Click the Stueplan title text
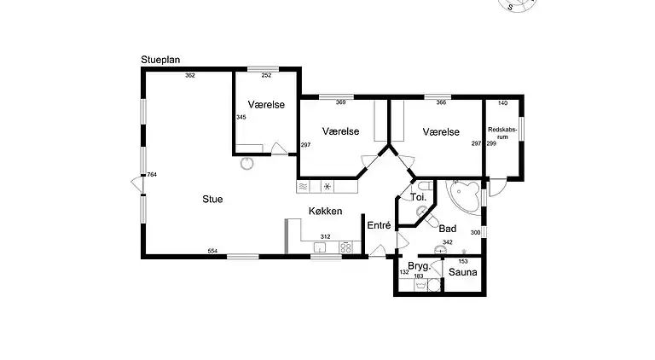pyautogui.click(x=160, y=61)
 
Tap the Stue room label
pyautogui.click(x=212, y=200)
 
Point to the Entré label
pyautogui.click(x=378, y=225)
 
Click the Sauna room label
pyautogui.click(x=463, y=274)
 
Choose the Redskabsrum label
pyautogui.click(x=501, y=133)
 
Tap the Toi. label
pyautogui.click(x=419, y=197)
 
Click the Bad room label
pyautogui.click(x=448, y=229)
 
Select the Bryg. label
pyautogui.click(x=418, y=266)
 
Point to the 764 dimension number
pyautogui.click(x=152, y=175)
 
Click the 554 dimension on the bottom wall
pyautogui.click(x=212, y=251)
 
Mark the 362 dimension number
pyautogui.click(x=190, y=76)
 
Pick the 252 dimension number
pyautogui.click(x=266, y=76)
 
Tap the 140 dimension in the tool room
pyautogui.click(x=502, y=103)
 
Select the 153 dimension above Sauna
pyautogui.click(x=464, y=261)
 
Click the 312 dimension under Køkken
pyautogui.click(x=325, y=236)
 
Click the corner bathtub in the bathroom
pyautogui.click(x=465, y=197)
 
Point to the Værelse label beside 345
pyautogui.click(x=266, y=104)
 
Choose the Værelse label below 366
pyautogui.click(x=441, y=132)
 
